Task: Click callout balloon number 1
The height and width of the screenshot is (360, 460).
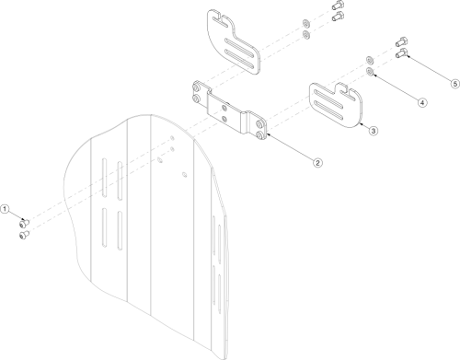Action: (5, 210)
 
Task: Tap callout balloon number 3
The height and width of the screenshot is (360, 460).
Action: (373, 132)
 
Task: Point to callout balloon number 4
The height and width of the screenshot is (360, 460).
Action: (422, 102)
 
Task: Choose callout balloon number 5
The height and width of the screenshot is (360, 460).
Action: (454, 84)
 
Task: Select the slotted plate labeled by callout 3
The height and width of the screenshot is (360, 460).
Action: (337, 104)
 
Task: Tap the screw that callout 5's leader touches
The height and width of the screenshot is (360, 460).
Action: (402, 53)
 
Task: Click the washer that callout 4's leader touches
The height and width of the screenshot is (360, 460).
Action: (370, 70)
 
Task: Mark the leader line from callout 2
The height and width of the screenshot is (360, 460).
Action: (290, 146)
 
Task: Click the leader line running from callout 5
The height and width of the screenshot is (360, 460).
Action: (428, 69)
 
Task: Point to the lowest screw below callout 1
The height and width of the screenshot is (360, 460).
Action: (24, 235)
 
